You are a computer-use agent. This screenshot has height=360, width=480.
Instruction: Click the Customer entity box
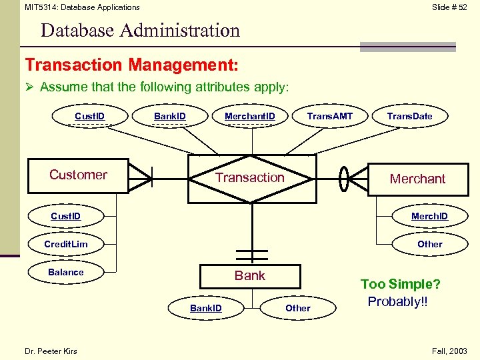[77, 175]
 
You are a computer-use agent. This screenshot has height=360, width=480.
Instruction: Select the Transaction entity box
[250, 177]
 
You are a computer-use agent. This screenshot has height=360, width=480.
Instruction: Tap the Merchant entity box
[417, 179]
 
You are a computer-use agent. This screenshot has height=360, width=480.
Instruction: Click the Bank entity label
[250, 275]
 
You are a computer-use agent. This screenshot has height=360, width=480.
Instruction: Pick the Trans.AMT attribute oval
[329, 117]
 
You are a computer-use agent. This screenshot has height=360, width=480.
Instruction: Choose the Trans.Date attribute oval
[409, 117]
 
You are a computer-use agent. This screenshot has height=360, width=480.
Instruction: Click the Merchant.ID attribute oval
[249, 117]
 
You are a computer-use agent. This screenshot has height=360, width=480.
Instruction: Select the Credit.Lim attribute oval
[66, 244]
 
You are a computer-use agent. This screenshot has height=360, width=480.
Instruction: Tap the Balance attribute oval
[66, 272]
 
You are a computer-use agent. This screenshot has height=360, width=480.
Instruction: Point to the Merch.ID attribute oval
[429, 216]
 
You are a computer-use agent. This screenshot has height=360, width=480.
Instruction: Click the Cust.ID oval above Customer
[89, 117]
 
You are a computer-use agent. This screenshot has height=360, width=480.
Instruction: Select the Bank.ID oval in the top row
[170, 117]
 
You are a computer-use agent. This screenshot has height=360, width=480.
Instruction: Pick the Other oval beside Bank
[297, 308]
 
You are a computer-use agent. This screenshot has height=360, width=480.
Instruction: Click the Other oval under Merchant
[429, 244]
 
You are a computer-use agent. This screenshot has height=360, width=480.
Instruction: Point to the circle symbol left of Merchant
[343, 178]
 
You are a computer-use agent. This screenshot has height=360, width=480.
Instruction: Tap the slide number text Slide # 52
[449, 7]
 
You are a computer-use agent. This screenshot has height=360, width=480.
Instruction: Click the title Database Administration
[140, 31]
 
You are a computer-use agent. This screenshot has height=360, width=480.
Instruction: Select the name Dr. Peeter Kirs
[51, 351]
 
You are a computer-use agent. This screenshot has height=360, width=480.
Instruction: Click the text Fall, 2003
[449, 351]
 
